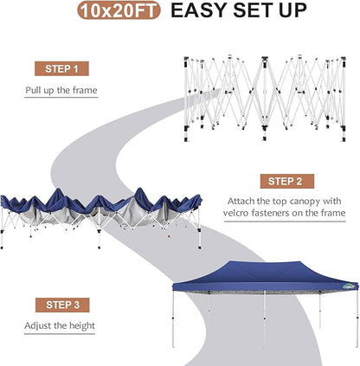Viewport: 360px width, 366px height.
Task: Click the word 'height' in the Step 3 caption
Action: pos(81,325)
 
